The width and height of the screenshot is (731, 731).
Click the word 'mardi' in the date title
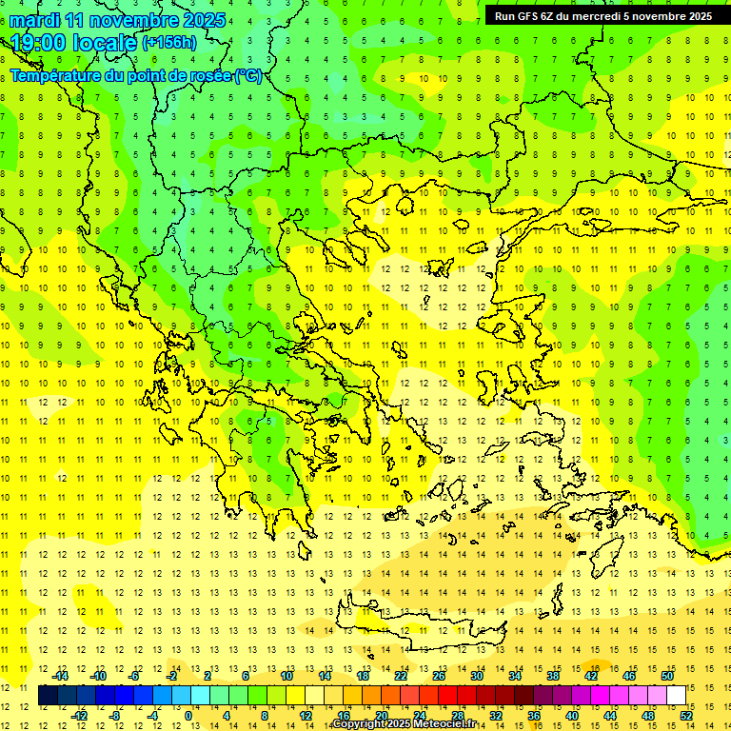click(x=35, y=20)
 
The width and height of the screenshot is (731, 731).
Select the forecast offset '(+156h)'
click(x=168, y=43)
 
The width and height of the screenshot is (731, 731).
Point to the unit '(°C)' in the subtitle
click(x=248, y=75)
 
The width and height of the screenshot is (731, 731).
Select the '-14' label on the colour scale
click(x=60, y=675)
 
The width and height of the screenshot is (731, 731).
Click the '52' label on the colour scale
click(x=686, y=716)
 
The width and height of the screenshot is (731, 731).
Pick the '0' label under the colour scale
click(x=189, y=716)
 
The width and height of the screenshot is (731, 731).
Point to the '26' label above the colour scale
click(x=439, y=675)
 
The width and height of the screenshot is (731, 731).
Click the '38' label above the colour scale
click(x=553, y=675)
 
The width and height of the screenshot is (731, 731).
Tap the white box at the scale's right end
click(x=676, y=695)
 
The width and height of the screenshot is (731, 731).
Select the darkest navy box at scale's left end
click(x=48, y=695)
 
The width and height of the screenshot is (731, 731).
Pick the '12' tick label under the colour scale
click(x=306, y=716)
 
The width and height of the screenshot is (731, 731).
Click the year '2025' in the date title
click(x=203, y=20)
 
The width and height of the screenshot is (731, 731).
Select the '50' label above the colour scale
click(x=666, y=675)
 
